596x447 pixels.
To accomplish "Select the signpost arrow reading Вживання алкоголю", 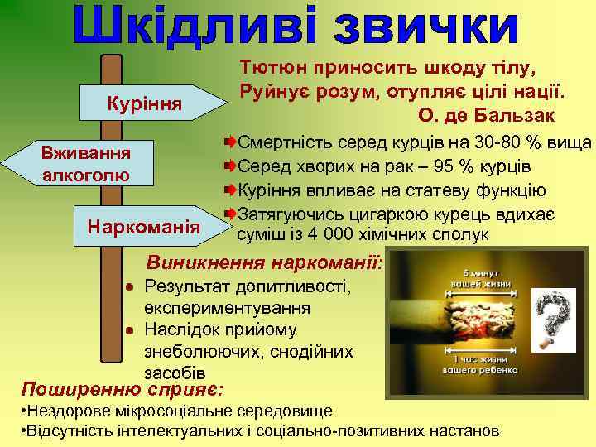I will point(87,162).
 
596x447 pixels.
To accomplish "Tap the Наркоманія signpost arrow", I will point(146,225).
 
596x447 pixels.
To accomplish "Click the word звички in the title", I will point(426,26).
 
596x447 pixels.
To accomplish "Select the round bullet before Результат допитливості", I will point(131,287).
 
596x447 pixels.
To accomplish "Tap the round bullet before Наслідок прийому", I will point(131,329).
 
